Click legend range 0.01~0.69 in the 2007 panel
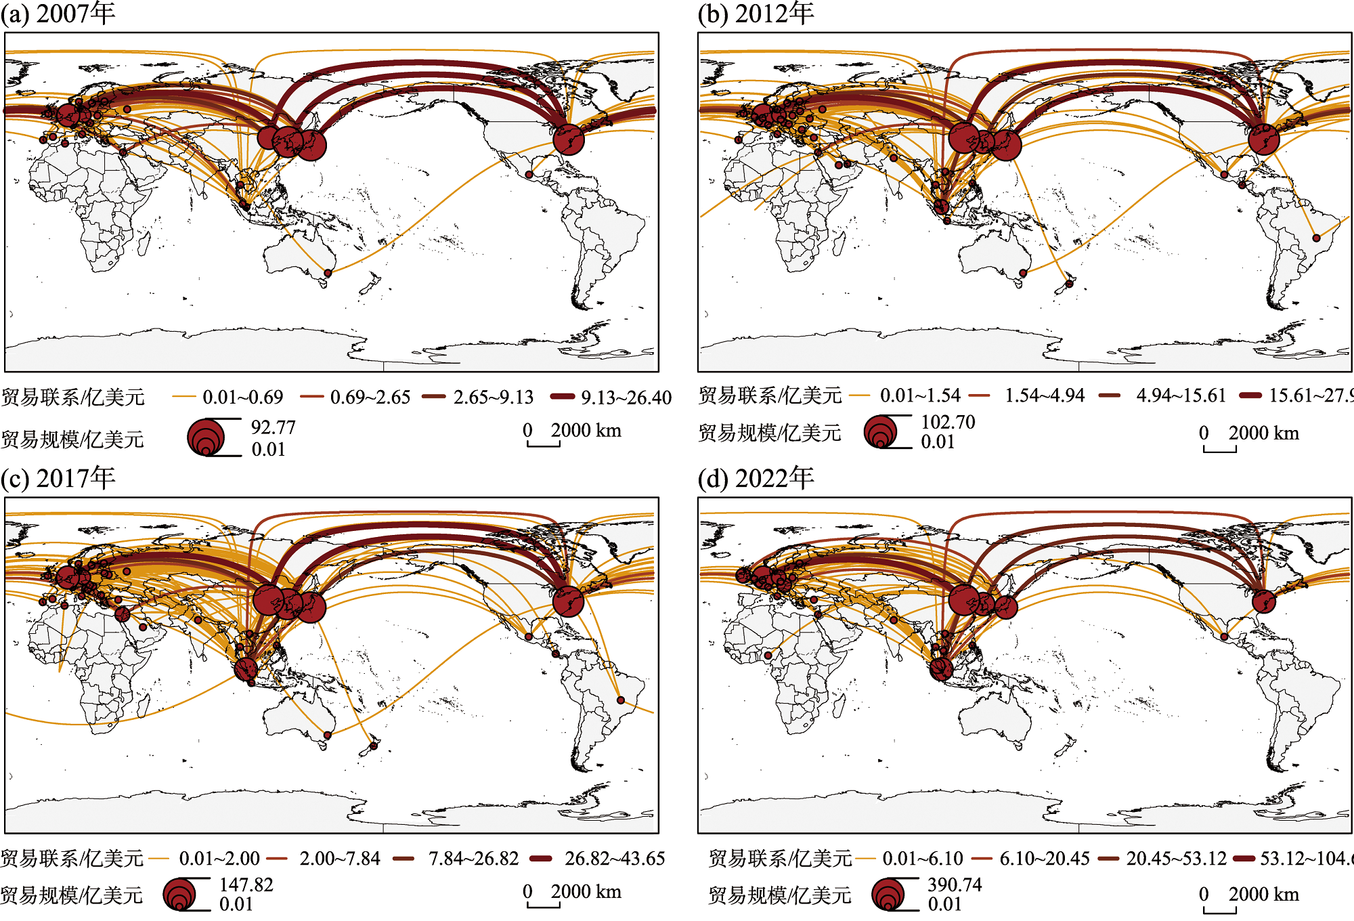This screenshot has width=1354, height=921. tap(242, 397)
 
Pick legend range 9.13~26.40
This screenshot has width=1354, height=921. tap(626, 397)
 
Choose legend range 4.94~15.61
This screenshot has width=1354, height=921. tap(1181, 395)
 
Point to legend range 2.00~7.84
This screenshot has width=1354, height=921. tap(340, 859)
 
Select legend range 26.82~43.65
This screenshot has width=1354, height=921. tap(615, 859)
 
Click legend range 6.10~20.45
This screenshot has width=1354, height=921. tap(1045, 859)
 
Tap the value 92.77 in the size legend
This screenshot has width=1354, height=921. tap(274, 427)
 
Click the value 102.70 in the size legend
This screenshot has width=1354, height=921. tap(948, 422)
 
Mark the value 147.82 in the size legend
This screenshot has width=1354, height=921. tap(246, 884)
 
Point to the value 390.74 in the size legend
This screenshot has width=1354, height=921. tap(955, 884)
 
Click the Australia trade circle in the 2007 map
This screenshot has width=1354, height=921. tap(328, 273)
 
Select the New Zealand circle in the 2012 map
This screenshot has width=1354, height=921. tap(1069, 284)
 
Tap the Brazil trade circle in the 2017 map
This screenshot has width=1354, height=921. tap(620, 700)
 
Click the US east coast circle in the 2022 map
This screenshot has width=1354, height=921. tap(1263, 601)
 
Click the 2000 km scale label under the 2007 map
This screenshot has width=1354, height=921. tap(586, 431)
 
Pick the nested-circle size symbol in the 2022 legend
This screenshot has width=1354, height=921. tap(889, 895)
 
